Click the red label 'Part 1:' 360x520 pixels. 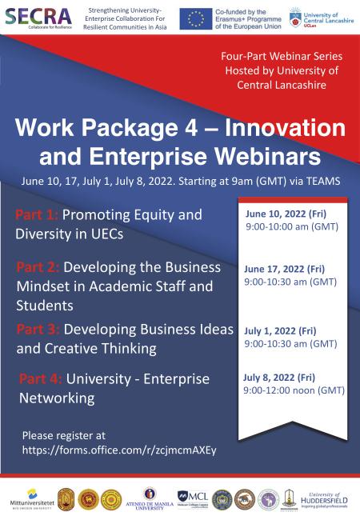[36, 215]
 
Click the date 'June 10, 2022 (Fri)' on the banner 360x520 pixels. [277, 214]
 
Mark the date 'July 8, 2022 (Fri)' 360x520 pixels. [278, 377]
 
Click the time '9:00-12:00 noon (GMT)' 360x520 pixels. [294, 390]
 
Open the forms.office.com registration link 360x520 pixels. [119, 450]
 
